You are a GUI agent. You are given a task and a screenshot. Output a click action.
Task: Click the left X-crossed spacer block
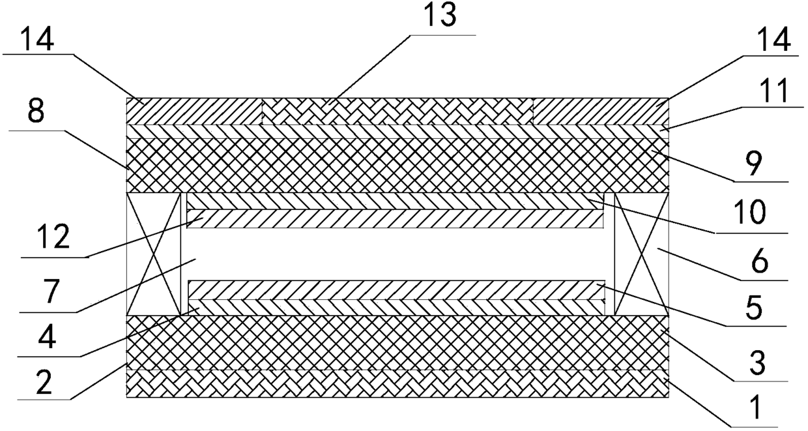click(154, 254)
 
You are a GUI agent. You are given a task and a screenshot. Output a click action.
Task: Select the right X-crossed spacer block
click(641, 254)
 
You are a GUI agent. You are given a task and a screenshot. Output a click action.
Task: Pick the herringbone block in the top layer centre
click(397, 111)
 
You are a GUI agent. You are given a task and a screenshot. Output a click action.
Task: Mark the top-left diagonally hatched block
click(194, 111)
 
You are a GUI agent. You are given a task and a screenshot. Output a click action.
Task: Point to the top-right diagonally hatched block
click(600, 111)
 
